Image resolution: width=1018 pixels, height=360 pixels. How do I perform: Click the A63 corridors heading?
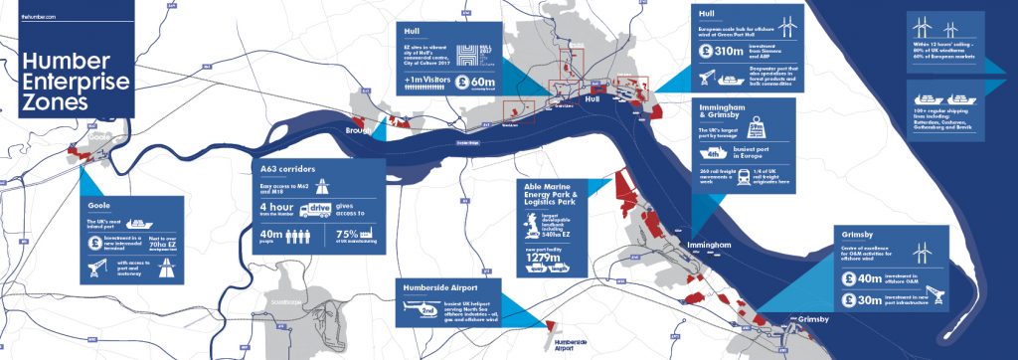[284, 170]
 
